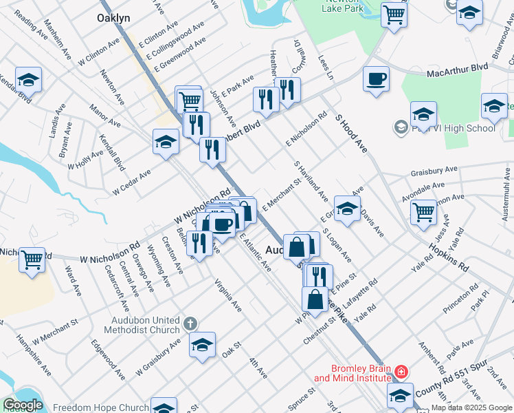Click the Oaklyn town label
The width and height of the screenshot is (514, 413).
[x=114, y=18]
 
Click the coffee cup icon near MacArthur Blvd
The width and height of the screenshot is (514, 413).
[x=375, y=80]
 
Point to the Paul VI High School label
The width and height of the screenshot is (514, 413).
[x=453, y=128]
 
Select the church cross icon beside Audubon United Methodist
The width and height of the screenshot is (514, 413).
[x=190, y=323]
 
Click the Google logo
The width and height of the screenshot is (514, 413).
[x=23, y=405]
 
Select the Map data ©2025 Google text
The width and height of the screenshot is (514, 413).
[x=472, y=408]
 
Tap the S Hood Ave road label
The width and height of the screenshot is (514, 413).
[x=353, y=134]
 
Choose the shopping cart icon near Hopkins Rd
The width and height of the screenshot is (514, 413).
[x=423, y=212]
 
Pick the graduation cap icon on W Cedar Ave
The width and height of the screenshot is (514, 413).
[x=166, y=142]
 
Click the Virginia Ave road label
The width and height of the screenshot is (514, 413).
[x=227, y=294]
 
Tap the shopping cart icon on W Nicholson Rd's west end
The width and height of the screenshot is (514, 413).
[x=32, y=260]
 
